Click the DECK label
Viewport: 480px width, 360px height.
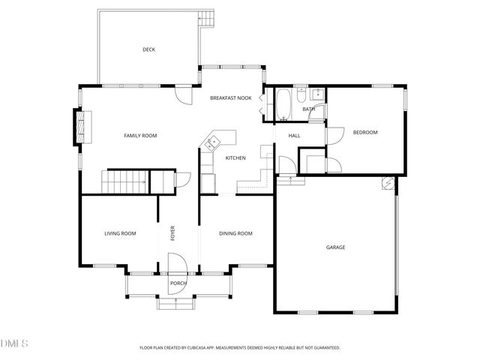[148, 50]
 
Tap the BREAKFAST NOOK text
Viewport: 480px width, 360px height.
[230, 98]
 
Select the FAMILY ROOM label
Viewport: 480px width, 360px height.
[140, 135]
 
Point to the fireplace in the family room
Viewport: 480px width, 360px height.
[78, 127]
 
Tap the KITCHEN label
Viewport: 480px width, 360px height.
[235, 157]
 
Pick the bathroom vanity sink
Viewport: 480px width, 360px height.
[317, 94]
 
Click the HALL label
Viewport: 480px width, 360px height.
[294, 136]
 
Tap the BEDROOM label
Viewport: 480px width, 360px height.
[367, 133]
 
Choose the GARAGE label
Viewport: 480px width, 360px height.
[335, 247]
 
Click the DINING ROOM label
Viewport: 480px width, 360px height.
[235, 234]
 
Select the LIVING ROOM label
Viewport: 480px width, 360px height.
[120, 234]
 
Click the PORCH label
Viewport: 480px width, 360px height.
[178, 283]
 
